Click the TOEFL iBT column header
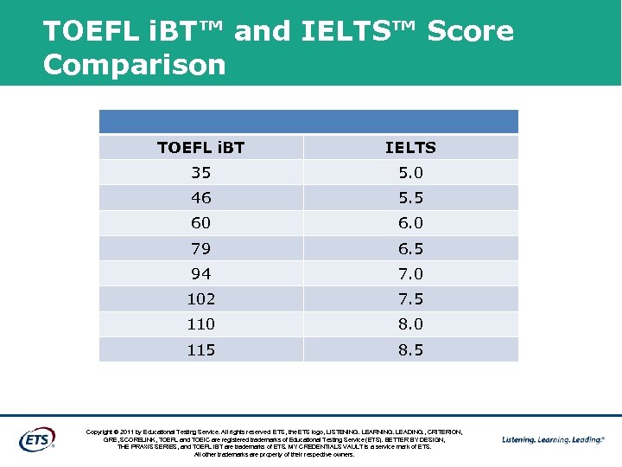click(x=200, y=148)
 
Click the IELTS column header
click(x=410, y=148)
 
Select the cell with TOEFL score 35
click(x=200, y=173)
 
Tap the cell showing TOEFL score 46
click(x=200, y=198)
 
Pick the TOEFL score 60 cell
click(x=200, y=223)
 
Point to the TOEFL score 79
click(x=200, y=249)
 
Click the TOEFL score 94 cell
click(x=200, y=274)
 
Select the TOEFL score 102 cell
click(x=200, y=299)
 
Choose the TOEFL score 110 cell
click(x=200, y=324)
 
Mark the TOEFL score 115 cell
click(x=200, y=350)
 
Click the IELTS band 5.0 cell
click(x=410, y=173)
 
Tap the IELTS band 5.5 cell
click(x=410, y=198)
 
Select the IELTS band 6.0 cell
click(x=410, y=223)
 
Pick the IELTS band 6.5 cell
click(x=410, y=249)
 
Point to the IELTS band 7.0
click(x=410, y=274)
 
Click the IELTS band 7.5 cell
click(x=410, y=299)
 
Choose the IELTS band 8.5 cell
click(x=410, y=350)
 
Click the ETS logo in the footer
click(x=37, y=438)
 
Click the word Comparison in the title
click(x=134, y=65)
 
